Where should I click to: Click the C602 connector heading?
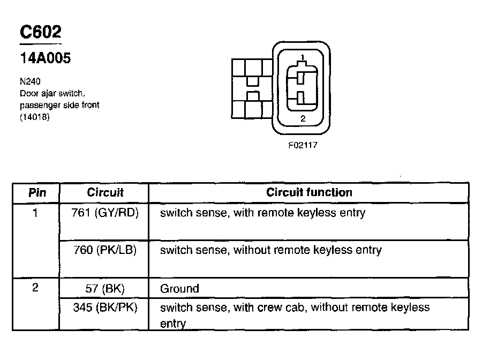pyautogui.click(x=40, y=33)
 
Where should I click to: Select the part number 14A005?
pyautogui.click(x=46, y=58)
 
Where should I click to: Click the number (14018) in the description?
pyautogui.click(x=35, y=117)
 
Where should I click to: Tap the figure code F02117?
pyautogui.click(x=303, y=145)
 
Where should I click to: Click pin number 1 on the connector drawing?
pyautogui.click(x=303, y=57)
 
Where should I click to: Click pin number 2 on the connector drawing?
pyautogui.click(x=303, y=119)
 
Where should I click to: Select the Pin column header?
pyautogui.click(x=36, y=192)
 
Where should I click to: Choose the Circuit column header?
pyautogui.click(x=105, y=192)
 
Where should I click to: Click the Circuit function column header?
pyautogui.click(x=309, y=192)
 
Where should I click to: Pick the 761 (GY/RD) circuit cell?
pyautogui.click(x=105, y=213)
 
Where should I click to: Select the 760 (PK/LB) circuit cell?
pyautogui.click(x=105, y=250)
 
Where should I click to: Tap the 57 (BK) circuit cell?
pyautogui.click(x=105, y=288)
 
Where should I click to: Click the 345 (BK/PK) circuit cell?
pyautogui.click(x=105, y=307)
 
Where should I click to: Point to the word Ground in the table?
pyautogui.click(x=179, y=289)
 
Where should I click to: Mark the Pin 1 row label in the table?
pyautogui.click(x=35, y=213)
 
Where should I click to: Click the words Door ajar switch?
pyautogui.click(x=52, y=93)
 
